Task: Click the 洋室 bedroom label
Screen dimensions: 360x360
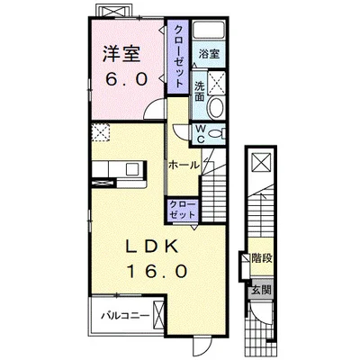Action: pyautogui.click(x=121, y=54)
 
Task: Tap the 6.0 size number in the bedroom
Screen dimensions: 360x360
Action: pyautogui.click(x=126, y=79)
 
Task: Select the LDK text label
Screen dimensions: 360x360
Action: pyautogui.click(x=152, y=247)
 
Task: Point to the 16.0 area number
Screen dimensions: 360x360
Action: pyautogui.click(x=157, y=272)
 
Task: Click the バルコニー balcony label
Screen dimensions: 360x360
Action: pyautogui.click(x=125, y=316)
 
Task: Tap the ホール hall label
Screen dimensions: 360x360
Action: pyautogui.click(x=184, y=165)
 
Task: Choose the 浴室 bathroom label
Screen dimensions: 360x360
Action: pyautogui.click(x=209, y=54)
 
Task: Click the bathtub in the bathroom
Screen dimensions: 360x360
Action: pyautogui.click(x=209, y=30)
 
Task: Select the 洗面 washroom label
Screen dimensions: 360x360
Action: pyautogui.click(x=200, y=92)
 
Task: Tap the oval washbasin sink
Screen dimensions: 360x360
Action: pyautogui.click(x=216, y=108)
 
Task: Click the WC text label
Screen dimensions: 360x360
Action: pyautogui.click(x=201, y=134)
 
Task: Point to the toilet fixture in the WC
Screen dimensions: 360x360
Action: pyautogui.click(x=217, y=133)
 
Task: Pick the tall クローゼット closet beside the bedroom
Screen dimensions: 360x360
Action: pyautogui.click(x=178, y=57)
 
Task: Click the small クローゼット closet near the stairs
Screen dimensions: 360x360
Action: pyautogui.click(x=183, y=210)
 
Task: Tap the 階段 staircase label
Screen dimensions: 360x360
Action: pyautogui.click(x=262, y=258)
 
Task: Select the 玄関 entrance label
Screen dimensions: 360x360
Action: pyautogui.click(x=261, y=290)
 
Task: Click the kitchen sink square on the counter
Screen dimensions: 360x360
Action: pyautogui.click(x=132, y=169)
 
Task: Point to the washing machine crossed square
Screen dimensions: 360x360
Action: pyautogui.click(x=216, y=83)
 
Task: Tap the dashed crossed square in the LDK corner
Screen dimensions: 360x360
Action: pyautogui.click(x=100, y=132)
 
